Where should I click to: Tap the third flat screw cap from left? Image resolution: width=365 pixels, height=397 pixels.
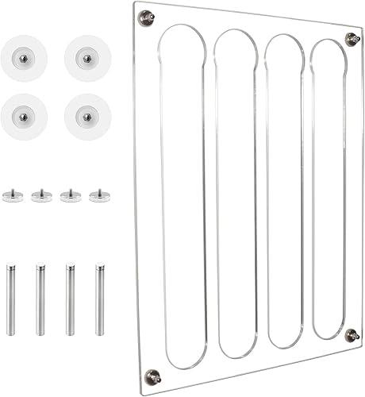70,195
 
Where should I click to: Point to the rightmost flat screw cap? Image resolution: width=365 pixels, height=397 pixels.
98,195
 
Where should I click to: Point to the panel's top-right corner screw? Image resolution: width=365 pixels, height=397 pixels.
351,37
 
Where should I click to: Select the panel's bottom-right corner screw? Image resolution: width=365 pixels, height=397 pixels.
350,336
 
